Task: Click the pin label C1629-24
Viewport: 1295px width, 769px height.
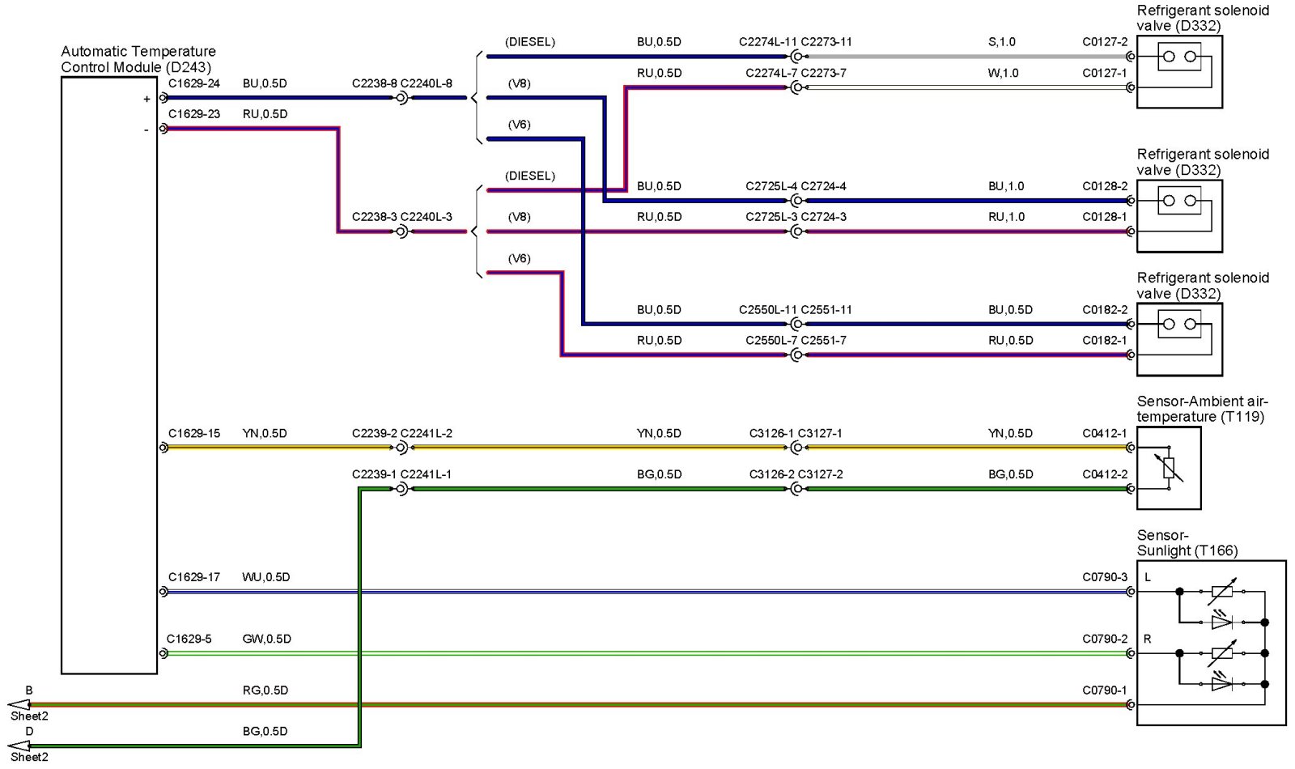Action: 194,83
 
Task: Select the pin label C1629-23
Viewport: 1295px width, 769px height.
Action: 194,114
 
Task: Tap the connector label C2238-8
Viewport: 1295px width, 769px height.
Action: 375,83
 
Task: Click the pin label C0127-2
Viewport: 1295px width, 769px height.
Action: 1105,42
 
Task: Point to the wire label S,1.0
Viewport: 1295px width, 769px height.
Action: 1002,42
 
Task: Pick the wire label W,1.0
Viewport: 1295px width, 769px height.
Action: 1004,73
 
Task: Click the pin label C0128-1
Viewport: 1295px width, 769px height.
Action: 1105,217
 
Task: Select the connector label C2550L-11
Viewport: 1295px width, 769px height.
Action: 768,310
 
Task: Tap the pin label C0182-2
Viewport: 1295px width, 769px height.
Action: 1105,310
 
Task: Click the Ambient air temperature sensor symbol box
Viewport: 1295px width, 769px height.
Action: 1169,469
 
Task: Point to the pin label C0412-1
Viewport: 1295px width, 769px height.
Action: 1105,434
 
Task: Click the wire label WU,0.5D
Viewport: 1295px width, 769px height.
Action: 266,577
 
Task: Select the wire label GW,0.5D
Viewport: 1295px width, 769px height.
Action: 267,639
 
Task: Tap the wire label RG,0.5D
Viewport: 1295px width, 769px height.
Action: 265,690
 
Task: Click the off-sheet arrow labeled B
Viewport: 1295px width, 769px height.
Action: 19,705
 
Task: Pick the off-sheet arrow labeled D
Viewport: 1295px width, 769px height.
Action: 19,746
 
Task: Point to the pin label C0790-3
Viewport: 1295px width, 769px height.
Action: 1105,577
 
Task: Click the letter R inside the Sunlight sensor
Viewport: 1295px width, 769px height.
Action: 1147,639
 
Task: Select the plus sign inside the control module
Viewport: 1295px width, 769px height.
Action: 146,100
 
